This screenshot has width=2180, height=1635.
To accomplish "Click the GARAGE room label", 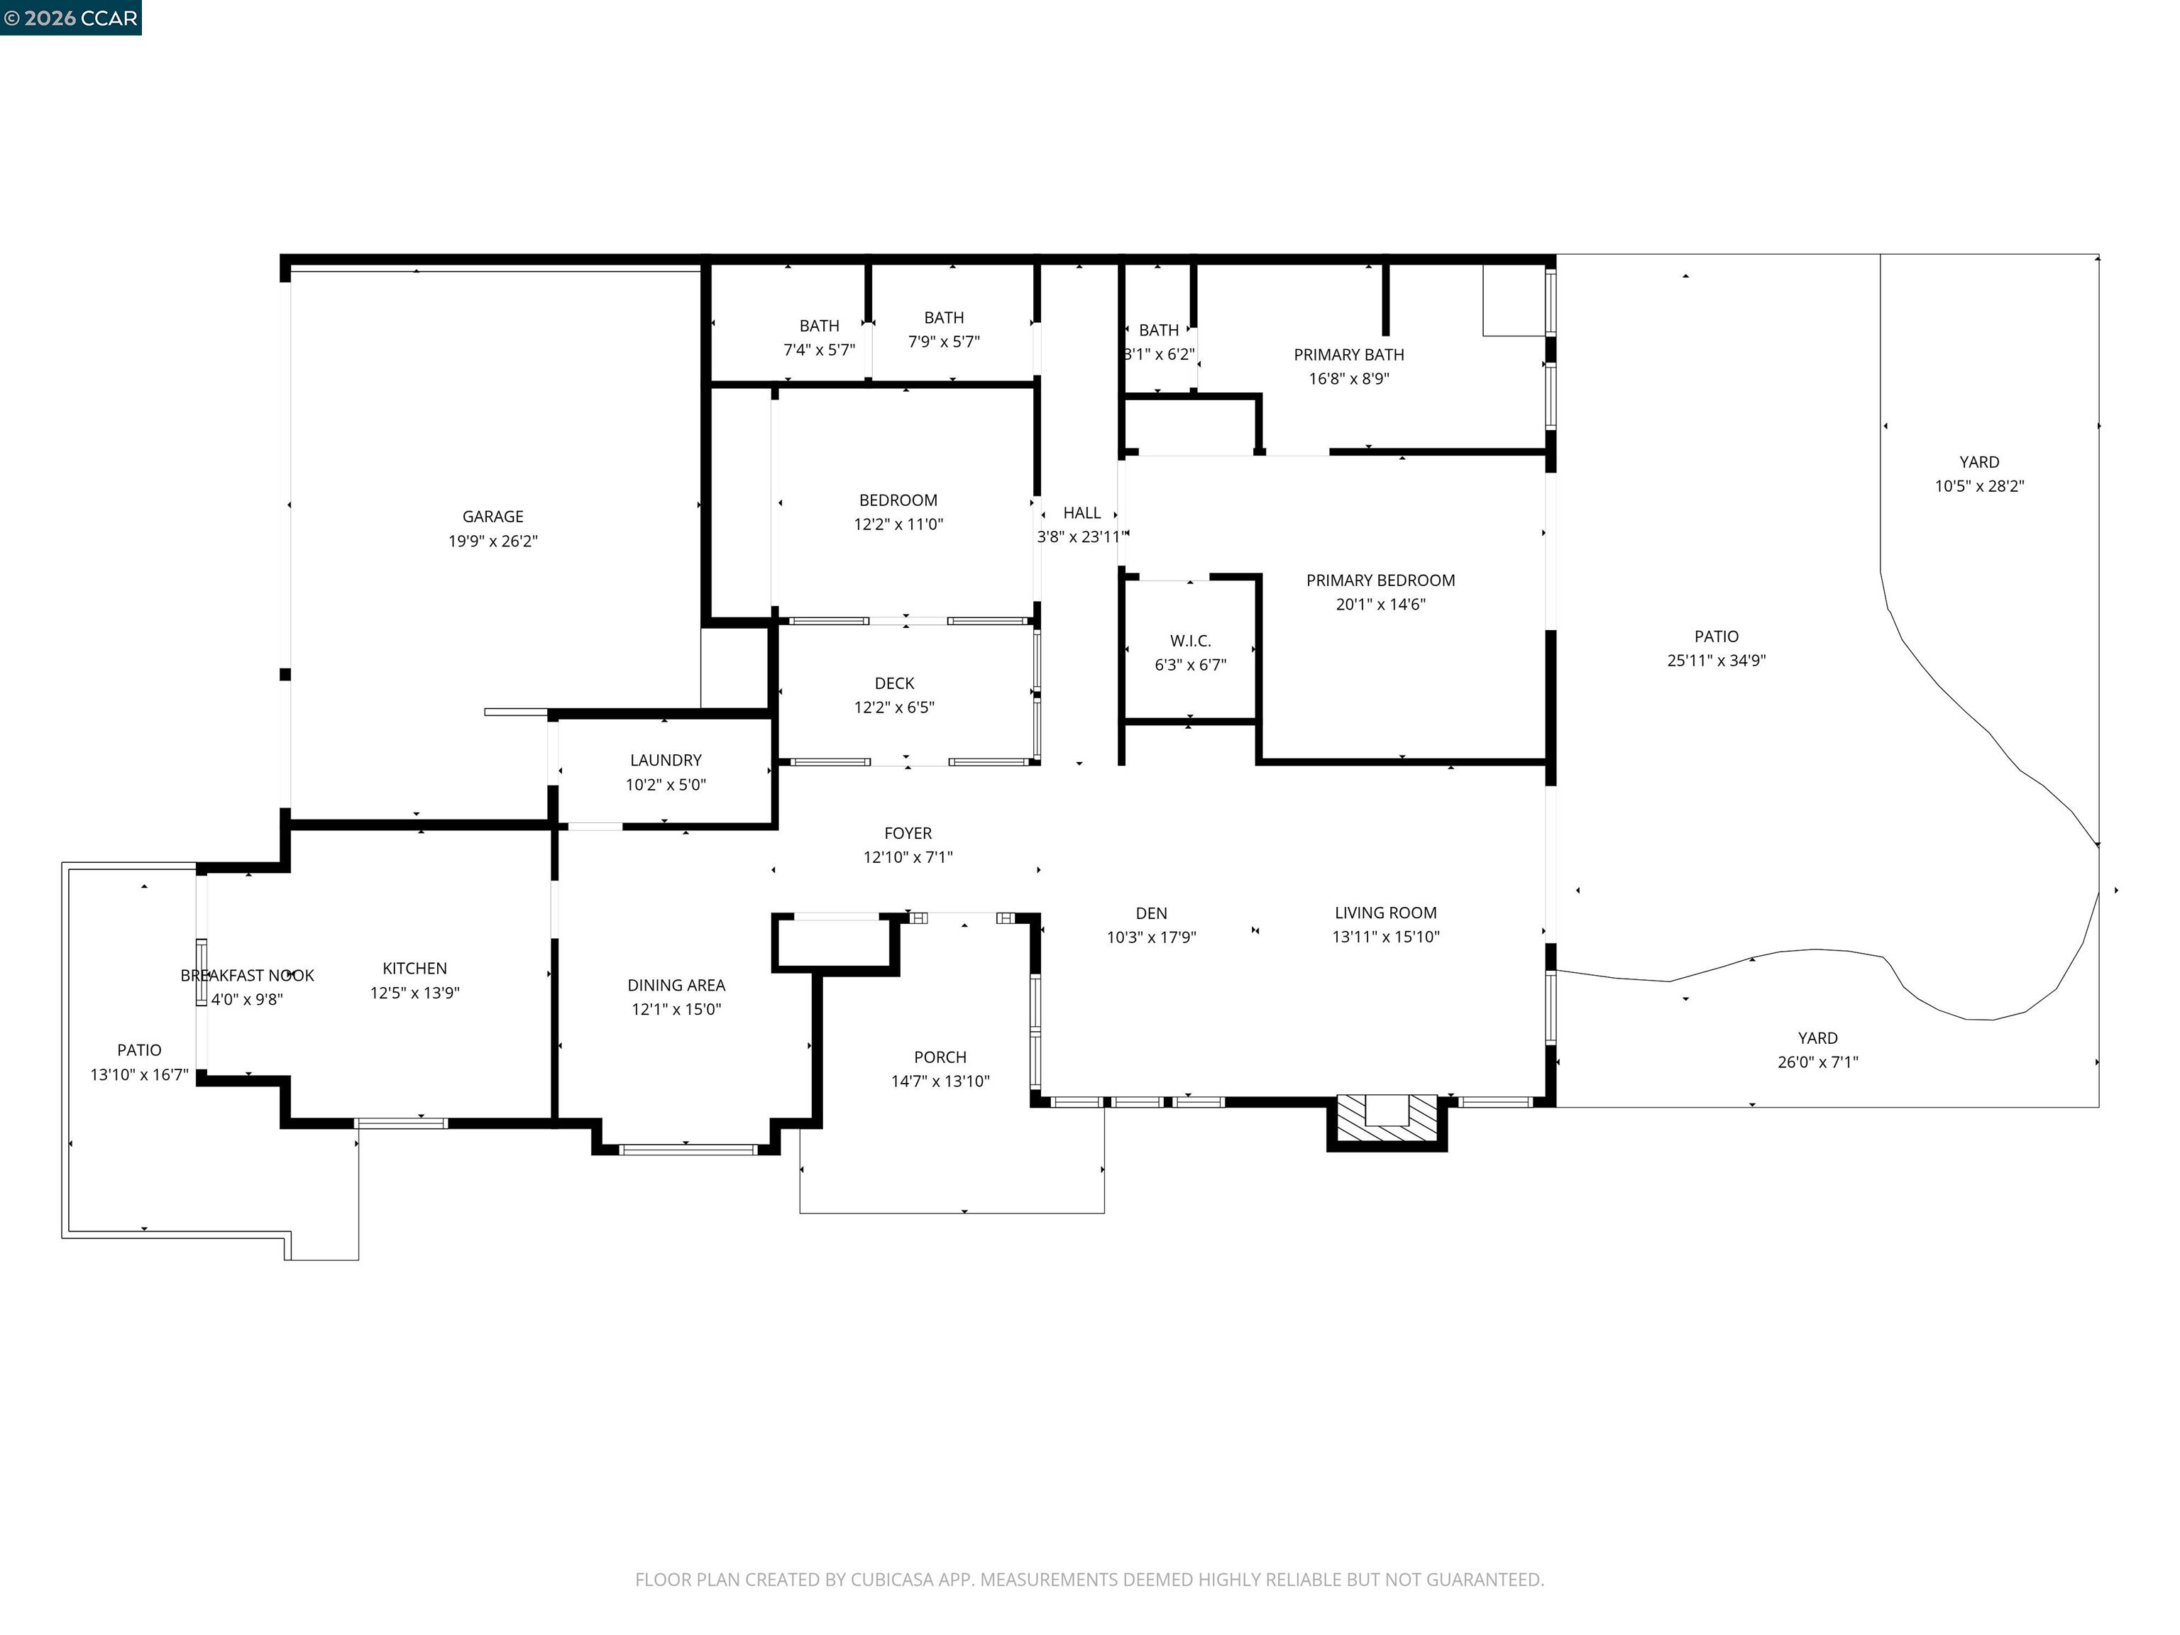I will pos(492,517).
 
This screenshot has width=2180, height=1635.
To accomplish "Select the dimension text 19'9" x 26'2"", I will pos(492,541).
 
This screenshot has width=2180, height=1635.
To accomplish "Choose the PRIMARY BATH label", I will pos(1348,355).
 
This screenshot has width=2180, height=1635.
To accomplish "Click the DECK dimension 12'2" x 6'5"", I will pos(894,708).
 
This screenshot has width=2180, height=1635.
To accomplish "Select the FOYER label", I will pos(907,833).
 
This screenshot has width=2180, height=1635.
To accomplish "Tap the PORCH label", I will pos(940,1057).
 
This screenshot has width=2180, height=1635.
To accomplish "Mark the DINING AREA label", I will pos(676,984).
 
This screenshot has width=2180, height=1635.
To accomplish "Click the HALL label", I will pos(1081,512).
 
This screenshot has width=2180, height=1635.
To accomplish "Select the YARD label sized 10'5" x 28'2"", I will pos(1979,462).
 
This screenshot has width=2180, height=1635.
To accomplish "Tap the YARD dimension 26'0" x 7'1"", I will pos(1817,1062).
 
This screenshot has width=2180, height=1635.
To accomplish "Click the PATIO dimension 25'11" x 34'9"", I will pos(1716,660).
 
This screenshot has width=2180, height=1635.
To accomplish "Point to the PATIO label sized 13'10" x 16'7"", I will pos(139,1050).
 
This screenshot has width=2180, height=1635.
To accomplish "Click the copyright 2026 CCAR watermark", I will pos(70,18).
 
